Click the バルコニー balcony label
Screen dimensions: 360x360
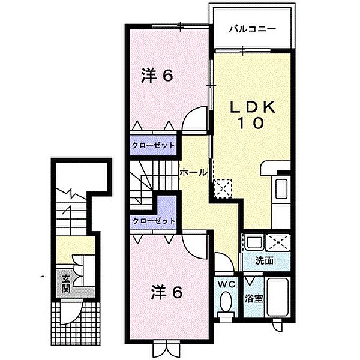click(x=252, y=28)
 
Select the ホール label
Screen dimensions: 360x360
click(x=194, y=172)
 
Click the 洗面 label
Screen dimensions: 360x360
click(x=264, y=261)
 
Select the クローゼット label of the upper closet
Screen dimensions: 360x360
click(x=153, y=145)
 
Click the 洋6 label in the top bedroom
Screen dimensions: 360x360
click(x=157, y=76)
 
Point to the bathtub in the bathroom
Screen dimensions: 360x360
click(x=278, y=299)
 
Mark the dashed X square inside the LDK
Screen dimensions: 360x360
click(x=223, y=188)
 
